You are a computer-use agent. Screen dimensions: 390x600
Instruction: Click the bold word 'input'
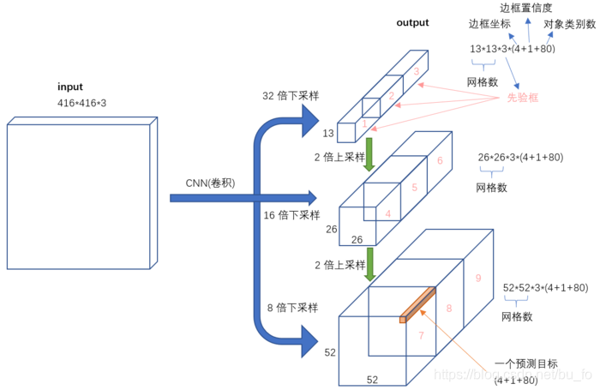pos(70,87)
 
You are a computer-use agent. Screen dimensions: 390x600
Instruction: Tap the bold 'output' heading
pos(412,23)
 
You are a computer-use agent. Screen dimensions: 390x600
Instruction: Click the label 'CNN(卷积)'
pos(211,183)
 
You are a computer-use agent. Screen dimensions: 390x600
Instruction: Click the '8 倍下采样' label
pos(292,307)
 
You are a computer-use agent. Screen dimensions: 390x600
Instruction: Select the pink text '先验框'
pos(523,99)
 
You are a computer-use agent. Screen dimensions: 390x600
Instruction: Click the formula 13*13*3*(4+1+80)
pos(513,49)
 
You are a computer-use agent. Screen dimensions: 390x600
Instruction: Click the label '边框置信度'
pos(526,8)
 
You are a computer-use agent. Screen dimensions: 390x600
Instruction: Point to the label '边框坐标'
pos(489,24)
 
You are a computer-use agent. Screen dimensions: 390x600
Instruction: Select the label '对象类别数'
pos(569,24)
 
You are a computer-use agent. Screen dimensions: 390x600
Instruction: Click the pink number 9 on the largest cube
pos(478,278)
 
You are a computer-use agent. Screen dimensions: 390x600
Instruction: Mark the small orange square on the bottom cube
pos(402,320)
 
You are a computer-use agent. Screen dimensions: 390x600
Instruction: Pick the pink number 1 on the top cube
pos(363,124)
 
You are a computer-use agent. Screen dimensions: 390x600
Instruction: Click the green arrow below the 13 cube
pos(369,157)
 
